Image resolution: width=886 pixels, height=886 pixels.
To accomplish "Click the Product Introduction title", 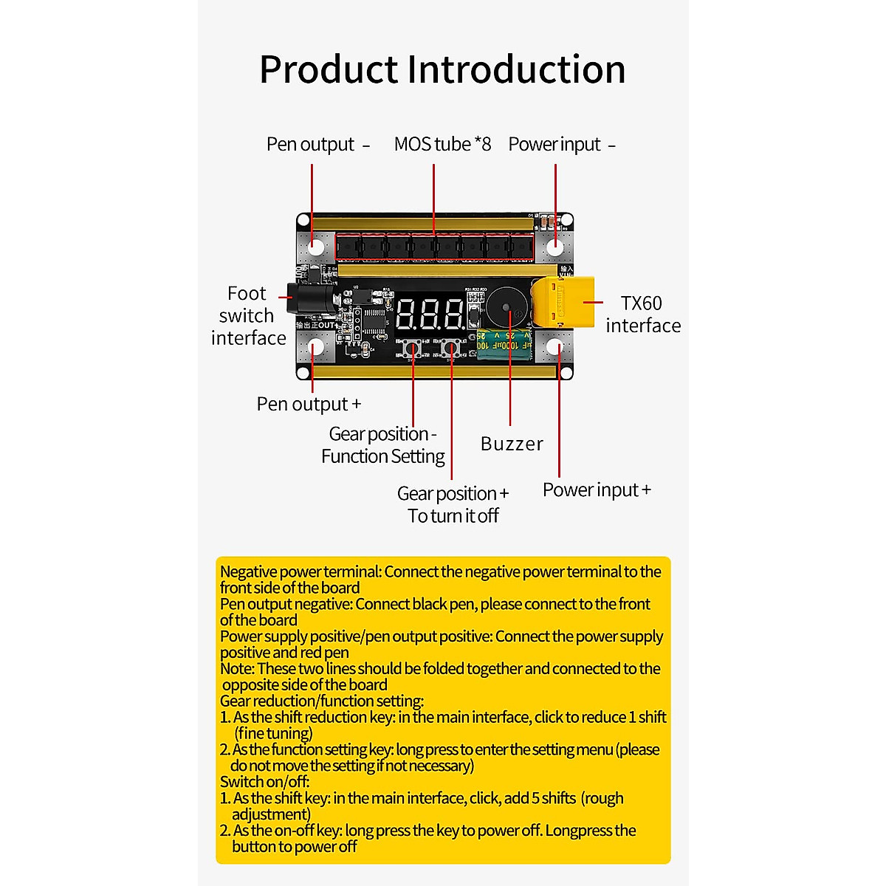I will [442, 69].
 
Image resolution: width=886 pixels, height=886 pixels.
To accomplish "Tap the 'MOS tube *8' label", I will [442, 144].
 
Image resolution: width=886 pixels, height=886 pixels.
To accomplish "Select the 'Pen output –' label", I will [317, 144].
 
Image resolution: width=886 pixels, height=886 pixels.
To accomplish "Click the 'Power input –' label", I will [561, 144].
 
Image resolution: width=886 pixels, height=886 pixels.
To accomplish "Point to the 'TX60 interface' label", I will [642, 315].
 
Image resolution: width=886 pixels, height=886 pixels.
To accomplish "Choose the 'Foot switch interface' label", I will [248, 315].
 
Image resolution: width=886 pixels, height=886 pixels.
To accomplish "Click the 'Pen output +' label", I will [309, 404].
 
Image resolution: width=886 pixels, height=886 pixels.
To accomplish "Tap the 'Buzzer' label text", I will [512, 444].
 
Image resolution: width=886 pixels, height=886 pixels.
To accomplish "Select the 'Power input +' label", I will [597, 490].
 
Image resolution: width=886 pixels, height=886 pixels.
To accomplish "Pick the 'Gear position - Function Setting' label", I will [382, 445].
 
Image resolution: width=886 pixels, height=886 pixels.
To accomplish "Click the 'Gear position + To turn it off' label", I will [453, 504].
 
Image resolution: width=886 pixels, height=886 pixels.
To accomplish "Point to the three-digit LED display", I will [431, 314].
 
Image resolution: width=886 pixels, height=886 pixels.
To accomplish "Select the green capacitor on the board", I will [504, 345].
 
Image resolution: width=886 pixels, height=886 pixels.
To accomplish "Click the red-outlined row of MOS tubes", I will [435, 247].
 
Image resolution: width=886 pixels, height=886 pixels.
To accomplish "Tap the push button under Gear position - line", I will [413, 348].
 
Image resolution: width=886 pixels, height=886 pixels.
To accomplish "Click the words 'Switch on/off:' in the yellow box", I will [264, 781].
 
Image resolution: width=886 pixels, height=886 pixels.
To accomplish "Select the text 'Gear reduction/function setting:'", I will [322, 701].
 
